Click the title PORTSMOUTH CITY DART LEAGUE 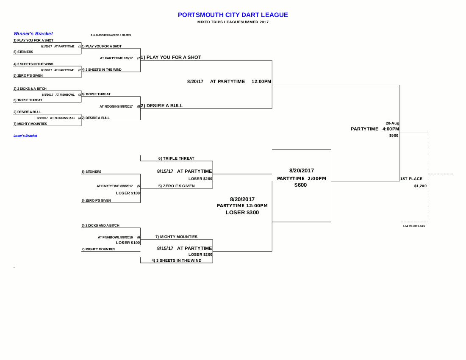(233, 15)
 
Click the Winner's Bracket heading (33, 33)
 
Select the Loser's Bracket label (25, 136)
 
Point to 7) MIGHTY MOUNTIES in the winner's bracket (30, 124)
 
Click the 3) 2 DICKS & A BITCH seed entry (30, 89)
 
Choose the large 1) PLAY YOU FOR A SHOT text (171, 57)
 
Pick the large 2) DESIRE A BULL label (162, 105)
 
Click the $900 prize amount (394, 136)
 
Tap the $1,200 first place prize (420, 186)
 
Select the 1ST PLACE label (411, 179)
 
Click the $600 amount (301, 185)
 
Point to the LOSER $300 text (242, 213)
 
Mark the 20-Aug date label (392, 123)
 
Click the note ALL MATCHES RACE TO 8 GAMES (111, 35)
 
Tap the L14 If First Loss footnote (414, 226)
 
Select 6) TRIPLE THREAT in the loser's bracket (176, 158)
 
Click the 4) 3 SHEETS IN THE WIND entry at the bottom (177, 260)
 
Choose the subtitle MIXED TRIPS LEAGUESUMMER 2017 (233, 22)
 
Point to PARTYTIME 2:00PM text (301, 178)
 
